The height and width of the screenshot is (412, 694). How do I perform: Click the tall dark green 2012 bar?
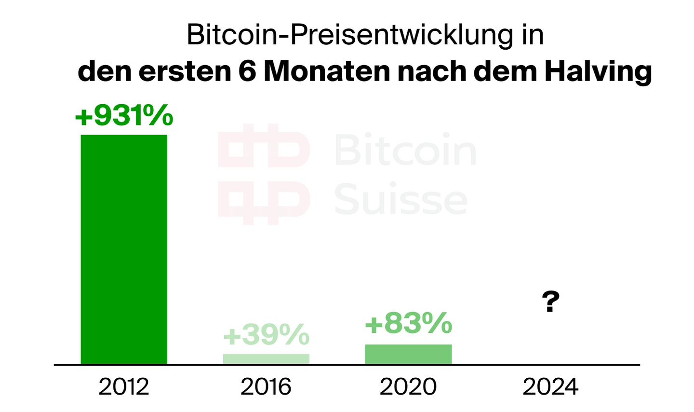tap(124, 249)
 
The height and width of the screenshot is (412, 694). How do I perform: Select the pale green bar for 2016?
tap(266, 359)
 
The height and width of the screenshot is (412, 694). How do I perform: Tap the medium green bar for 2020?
tap(408, 354)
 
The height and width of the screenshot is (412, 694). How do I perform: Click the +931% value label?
tap(124, 116)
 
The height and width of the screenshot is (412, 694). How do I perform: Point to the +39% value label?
tap(266, 335)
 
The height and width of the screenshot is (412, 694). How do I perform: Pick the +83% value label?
tap(408, 323)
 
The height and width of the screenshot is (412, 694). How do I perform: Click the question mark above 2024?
tap(550, 302)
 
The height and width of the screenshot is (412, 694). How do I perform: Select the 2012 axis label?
tap(124, 386)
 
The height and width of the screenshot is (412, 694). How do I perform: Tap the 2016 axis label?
tap(266, 386)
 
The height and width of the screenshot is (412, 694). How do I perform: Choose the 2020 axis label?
tap(408, 386)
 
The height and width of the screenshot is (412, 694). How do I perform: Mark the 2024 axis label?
tap(550, 386)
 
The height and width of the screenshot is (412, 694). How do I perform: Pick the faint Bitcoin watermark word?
tap(405, 150)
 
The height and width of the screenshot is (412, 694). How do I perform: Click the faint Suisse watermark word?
tap(400, 199)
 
